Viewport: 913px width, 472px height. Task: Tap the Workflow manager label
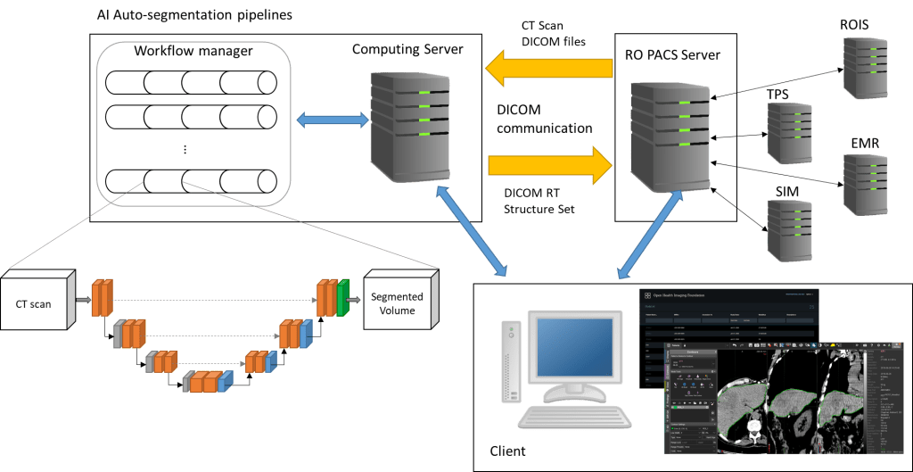click(193, 51)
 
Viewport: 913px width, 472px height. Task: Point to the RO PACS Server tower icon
click(670, 135)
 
